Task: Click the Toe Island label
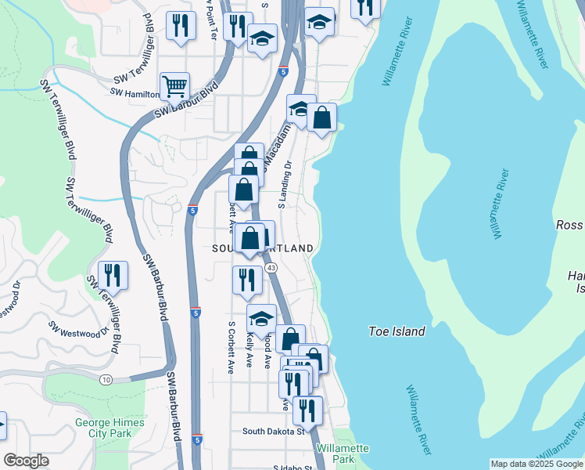click(x=397, y=331)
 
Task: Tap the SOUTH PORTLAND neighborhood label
click(x=263, y=248)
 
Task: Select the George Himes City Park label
click(x=109, y=427)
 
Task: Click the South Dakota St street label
click(x=273, y=431)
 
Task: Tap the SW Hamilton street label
click(x=136, y=92)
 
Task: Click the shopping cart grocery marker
click(x=174, y=85)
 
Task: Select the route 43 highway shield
click(x=271, y=268)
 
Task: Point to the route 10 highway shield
click(x=106, y=379)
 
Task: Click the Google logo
click(x=27, y=461)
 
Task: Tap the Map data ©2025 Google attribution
click(x=537, y=464)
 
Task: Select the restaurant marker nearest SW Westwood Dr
click(x=114, y=276)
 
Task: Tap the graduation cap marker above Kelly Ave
click(x=262, y=319)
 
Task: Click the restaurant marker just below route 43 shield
click(x=247, y=280)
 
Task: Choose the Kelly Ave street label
click(x=249, y=349)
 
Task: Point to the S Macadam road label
click(x=279, y=144)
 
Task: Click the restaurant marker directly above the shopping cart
click(x=181, y=26)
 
